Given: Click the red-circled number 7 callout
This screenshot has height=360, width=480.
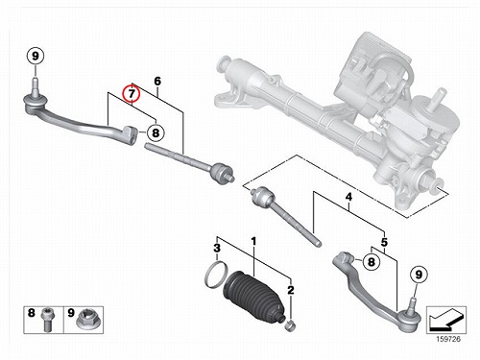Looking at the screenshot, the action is coord(132,94).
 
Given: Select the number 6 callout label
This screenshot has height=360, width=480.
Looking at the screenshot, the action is coord(157,82).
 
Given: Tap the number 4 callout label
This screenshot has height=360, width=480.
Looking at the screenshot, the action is coord(348,197).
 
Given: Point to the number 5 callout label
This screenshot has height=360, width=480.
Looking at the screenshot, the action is coord(384,242).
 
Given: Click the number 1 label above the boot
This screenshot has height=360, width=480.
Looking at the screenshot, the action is coord(253,241).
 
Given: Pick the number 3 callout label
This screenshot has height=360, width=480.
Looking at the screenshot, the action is coord(217,248).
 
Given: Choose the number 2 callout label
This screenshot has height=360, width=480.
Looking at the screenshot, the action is coord(291,290).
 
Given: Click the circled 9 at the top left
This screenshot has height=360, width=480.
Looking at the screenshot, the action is coord(36,56).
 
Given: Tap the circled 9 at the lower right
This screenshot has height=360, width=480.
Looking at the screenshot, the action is coord(419,275).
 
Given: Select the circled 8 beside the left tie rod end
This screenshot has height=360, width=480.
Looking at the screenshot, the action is coord(156,132).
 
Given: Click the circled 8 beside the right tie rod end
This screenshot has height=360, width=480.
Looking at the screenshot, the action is coord(371,262).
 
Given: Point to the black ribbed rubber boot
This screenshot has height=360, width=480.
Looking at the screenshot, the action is coord(254,296).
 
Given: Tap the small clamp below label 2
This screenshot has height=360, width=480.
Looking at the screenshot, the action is coord(290,326).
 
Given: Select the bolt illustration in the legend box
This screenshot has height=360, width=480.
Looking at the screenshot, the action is coord(47,320).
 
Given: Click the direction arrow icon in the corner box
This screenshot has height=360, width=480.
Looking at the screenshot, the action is coord(446,320).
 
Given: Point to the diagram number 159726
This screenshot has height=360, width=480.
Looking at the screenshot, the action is coord(448,339).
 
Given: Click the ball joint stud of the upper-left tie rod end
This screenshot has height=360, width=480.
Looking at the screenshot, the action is coord(36,85).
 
